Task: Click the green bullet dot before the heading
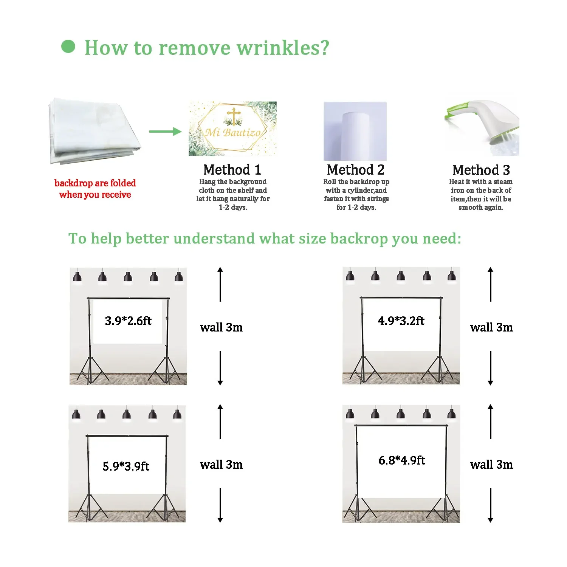tap(68, 46)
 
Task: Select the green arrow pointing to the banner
tap(165, 132)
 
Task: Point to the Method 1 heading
tap(232, 170)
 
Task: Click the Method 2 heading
tap(356, 170)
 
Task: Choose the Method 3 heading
tap(481, 170)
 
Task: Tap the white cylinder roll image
tap(355, 132)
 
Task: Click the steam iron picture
tap(484, 127)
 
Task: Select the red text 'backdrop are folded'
tap(95, 183)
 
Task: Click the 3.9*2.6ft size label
tap(128, 321)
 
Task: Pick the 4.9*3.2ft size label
tap(401, 321)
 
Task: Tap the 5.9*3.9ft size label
tap(126, 466)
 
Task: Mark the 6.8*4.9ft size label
tap(402, 460)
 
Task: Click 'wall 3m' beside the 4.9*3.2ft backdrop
tap(491, 327)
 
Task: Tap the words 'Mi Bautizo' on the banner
tap(233, 132)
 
